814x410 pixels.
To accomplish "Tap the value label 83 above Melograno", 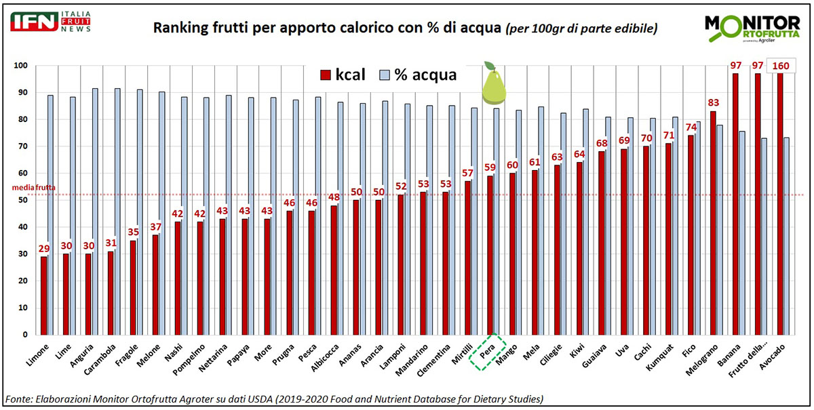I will pos(713,102).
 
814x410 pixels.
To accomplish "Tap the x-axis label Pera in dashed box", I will pos(490,352).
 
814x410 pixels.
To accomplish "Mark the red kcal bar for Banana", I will pos(735,203).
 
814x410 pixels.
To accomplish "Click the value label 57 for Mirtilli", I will pos(467,173).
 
